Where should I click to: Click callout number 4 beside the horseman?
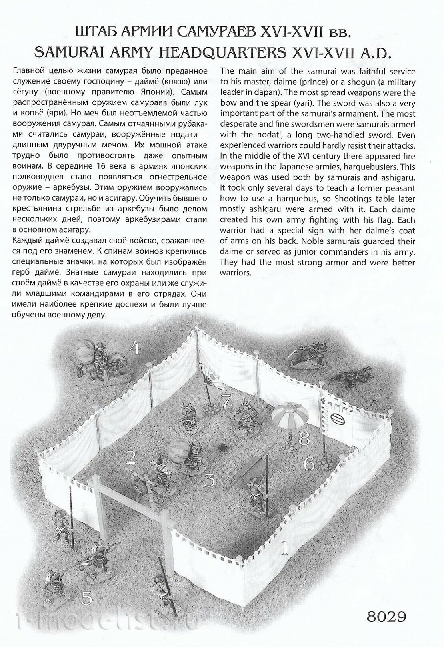(136, 348)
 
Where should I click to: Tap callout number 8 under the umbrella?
(304, 439)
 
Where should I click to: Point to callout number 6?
(309, 464)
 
